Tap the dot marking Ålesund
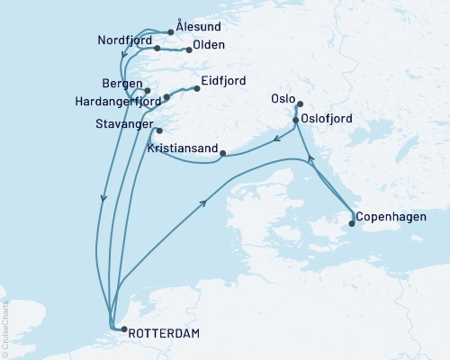(170, 32)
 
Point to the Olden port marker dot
(189, 50)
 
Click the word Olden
(209, 46)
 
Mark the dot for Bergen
(147, 91)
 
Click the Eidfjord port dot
(197, 88)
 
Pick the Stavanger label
(125, 125)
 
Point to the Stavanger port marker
(159, 131)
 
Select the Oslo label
(281, 101)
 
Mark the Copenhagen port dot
(351, 224)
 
